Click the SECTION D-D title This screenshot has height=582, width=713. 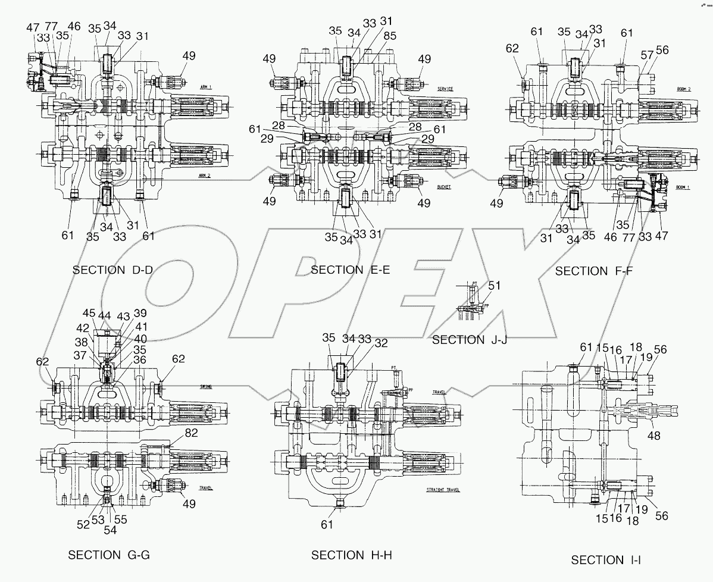click(112, 270)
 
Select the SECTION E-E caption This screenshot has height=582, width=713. click(350, 270)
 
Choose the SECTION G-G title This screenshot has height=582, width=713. click(109, 555)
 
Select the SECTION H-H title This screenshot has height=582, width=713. click(351, 555)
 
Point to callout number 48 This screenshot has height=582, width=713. click(653, 436)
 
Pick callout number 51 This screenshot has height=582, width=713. click(493, 285)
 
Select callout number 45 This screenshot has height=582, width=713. click(89, 314)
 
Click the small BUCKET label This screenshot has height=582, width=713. click(443, 186)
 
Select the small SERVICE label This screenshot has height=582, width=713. click(445, 89)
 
